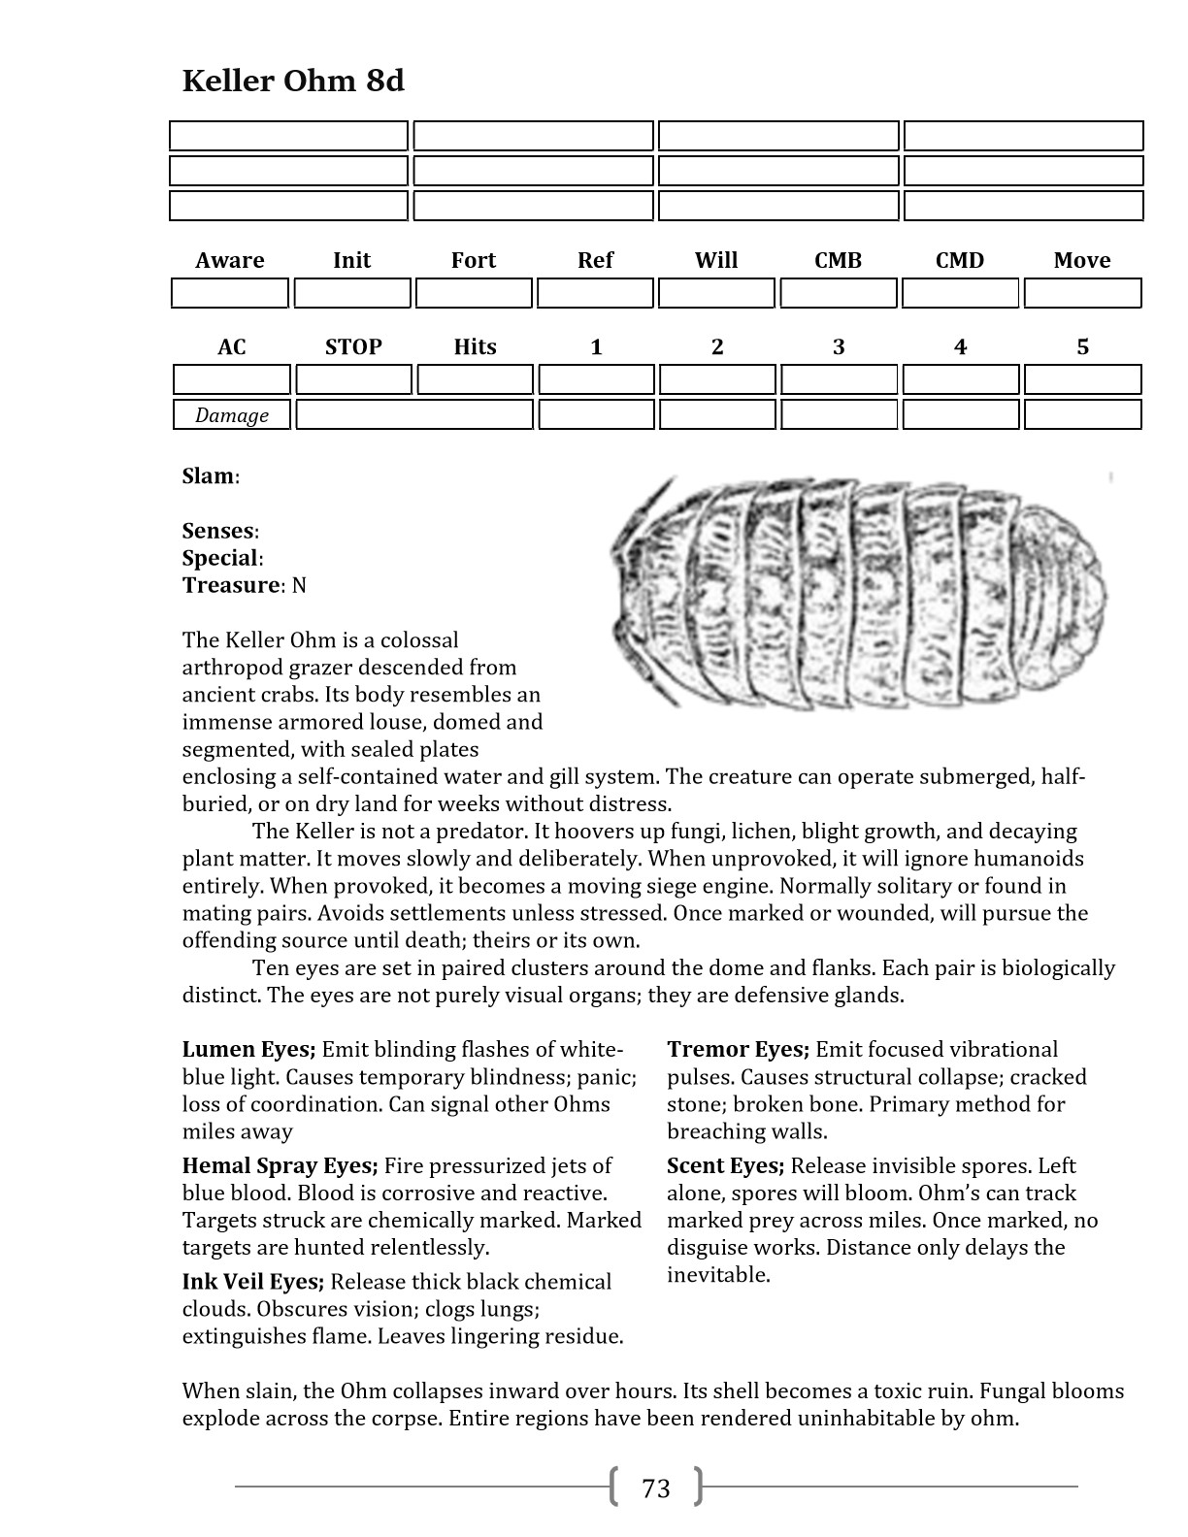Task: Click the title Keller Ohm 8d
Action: (292, 81)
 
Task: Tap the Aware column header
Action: (230, 260)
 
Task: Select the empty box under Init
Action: (352, 293)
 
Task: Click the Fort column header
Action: (474, 260)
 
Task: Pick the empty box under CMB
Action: (839, 293)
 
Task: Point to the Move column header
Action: (1082, 260)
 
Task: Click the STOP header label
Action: (353, 346)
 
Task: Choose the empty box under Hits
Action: (475, 379)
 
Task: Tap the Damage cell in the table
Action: (232, 415)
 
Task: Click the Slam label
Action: (209, 476)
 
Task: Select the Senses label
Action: (218, 531)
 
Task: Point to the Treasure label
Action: (231, 585)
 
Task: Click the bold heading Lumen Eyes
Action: (248, 1050)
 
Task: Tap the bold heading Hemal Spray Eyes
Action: (280, 1166)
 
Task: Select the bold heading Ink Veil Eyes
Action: (252, 1283)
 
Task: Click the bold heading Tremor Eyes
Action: (738, 1050)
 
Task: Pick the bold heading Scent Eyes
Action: (725, 1166)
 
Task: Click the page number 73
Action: (656, 1488)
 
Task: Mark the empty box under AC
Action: (232, 379)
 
